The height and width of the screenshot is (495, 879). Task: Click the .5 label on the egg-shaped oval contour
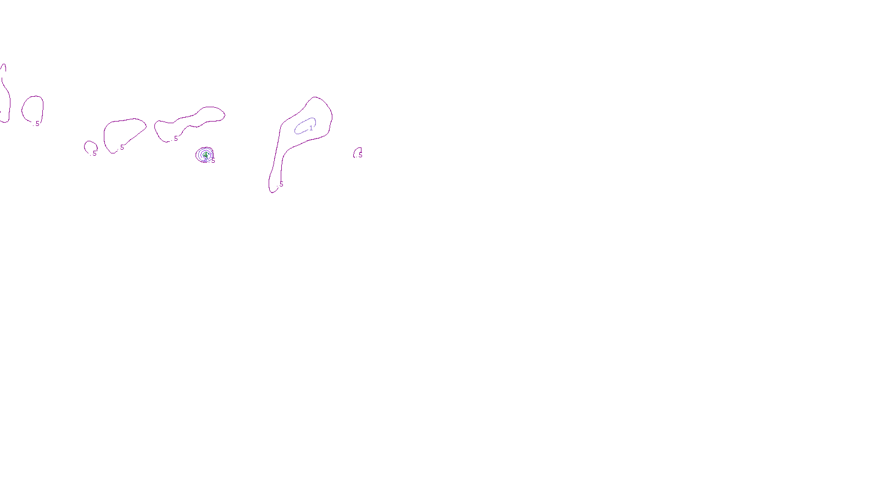(37, 124)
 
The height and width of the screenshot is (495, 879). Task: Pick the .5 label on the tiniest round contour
(94, 153)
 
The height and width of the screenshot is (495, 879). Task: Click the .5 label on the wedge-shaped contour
(121, 147)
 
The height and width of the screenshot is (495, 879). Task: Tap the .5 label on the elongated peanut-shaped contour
(175, 139)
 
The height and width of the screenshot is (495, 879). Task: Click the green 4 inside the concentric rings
(205, 156)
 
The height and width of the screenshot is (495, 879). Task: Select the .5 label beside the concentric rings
(213, 161)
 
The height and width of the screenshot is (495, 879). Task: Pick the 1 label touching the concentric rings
(212, 155)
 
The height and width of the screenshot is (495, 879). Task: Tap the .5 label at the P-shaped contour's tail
(281, 184)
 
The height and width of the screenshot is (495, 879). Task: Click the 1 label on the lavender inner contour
(311, 128)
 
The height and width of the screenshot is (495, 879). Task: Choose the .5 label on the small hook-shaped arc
(360, 155)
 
